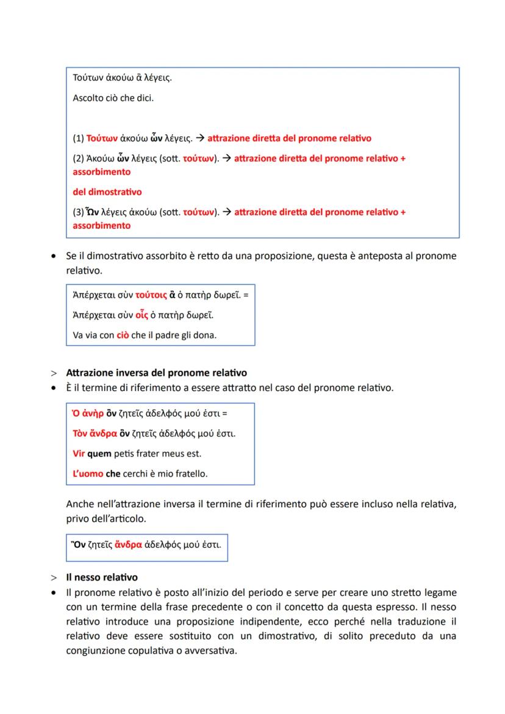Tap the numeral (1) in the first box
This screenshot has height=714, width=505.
click(79, 138)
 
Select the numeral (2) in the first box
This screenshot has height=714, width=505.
click(79, 159)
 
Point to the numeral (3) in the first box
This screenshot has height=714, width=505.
click(79, 212)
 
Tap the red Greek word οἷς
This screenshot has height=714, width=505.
click(143, 315)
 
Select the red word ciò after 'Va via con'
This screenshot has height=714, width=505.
click(123, 335)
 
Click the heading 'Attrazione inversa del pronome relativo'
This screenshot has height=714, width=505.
click(156, 373)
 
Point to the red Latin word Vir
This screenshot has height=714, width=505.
click(78, 454)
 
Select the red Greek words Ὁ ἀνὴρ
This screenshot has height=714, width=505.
click(88, 414)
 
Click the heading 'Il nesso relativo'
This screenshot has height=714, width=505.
click(102, 577)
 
